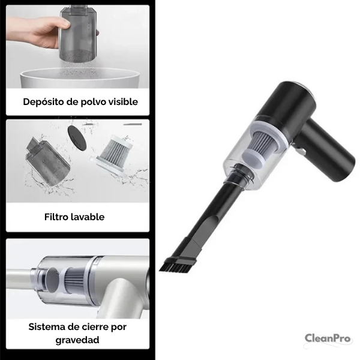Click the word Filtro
56,217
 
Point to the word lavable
88,217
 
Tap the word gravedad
77,340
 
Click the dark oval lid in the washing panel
77,138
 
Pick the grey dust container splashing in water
47,161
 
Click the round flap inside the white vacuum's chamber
52,280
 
